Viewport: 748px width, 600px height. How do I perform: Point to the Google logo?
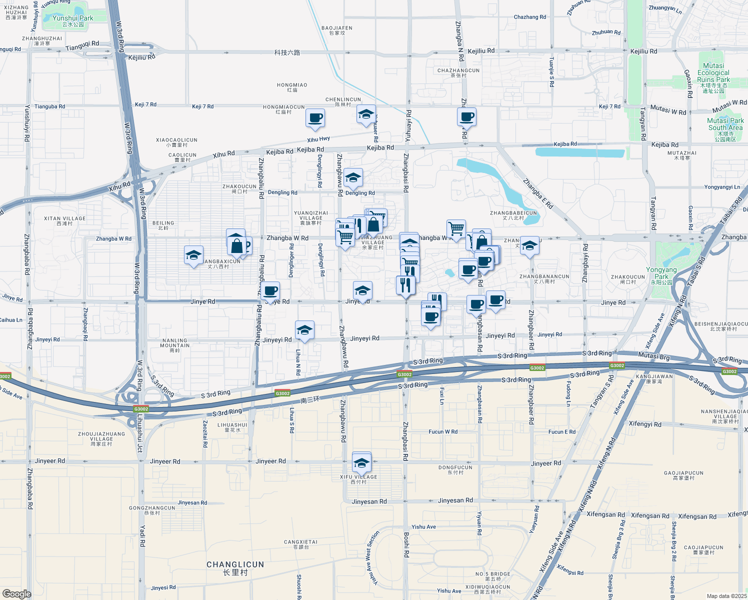pyautogui.click(x=17, y=594)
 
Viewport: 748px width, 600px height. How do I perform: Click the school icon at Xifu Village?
pyautogui.click(x=361, y=462)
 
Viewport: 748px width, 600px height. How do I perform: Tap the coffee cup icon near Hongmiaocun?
pyautogui.click(x=315, y=118)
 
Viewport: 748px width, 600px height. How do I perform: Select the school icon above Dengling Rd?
pyautogui.click(x=353, y=177)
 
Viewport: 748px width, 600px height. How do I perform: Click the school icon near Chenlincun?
pyautogui.click(x=366, y=114)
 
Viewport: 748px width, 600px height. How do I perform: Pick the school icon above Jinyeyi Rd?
pyautogui.click(x=304, y=330)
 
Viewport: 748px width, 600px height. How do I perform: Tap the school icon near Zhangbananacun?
pyautogui.click(x=529, y=246)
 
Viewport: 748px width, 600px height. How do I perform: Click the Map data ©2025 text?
pyautogui.click(x=726, y=596)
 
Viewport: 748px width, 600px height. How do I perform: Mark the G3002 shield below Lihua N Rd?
pyautogui.click(x=282, y=393)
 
